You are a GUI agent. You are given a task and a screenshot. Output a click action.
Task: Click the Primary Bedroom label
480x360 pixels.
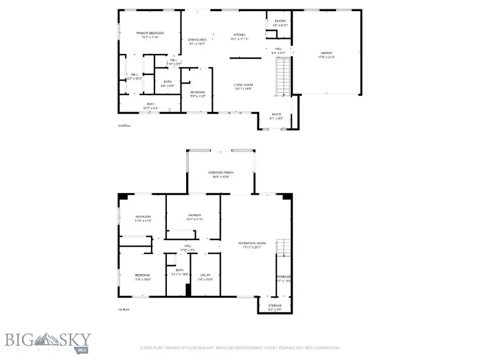click(149, 35)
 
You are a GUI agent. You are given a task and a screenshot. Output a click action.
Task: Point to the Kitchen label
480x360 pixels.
click(238, 36)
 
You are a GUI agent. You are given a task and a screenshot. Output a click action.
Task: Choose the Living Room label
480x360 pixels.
click(243, 86)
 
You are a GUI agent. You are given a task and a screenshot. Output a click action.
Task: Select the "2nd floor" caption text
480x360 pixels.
click(124, 126)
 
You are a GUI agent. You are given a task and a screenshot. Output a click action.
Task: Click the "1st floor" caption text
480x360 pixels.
click(124, 309)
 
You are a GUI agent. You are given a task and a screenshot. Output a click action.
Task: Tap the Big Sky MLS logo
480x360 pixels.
click(48, 340)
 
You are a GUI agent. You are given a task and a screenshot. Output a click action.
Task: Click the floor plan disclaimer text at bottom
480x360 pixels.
click(239, 348)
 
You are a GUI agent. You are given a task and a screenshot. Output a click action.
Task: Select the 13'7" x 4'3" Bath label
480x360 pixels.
click(150, 106)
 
